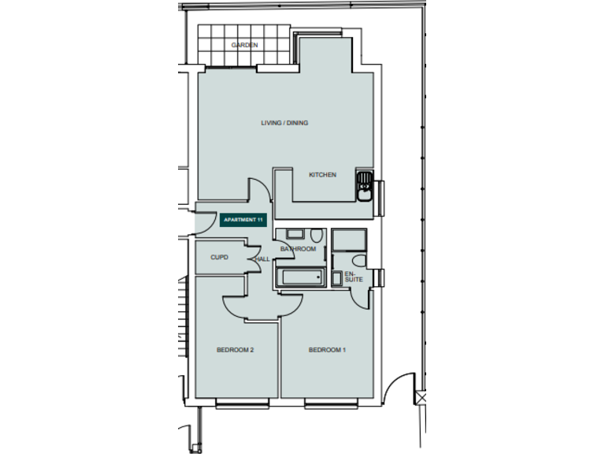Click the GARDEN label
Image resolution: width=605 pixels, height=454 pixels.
[244, 46]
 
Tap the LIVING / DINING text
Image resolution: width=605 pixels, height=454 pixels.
[284, 123]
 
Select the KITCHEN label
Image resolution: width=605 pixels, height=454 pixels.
[322, 175]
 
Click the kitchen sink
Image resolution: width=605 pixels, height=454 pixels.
[365, 186]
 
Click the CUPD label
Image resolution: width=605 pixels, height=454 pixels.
[219, 258]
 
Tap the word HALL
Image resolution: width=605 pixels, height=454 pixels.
[262, 259]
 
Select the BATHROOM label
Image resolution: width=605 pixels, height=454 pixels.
[298, 249]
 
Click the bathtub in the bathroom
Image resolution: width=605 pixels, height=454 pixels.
[299, 277]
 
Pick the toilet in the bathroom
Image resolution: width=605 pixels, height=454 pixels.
[315, 236]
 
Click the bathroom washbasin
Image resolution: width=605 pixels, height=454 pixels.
[294, 234]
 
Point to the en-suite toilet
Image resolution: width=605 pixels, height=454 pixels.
[358, 260]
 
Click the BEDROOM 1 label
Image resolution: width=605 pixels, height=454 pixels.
[327, 350]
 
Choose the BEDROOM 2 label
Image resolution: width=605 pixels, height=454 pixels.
[235, 350]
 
